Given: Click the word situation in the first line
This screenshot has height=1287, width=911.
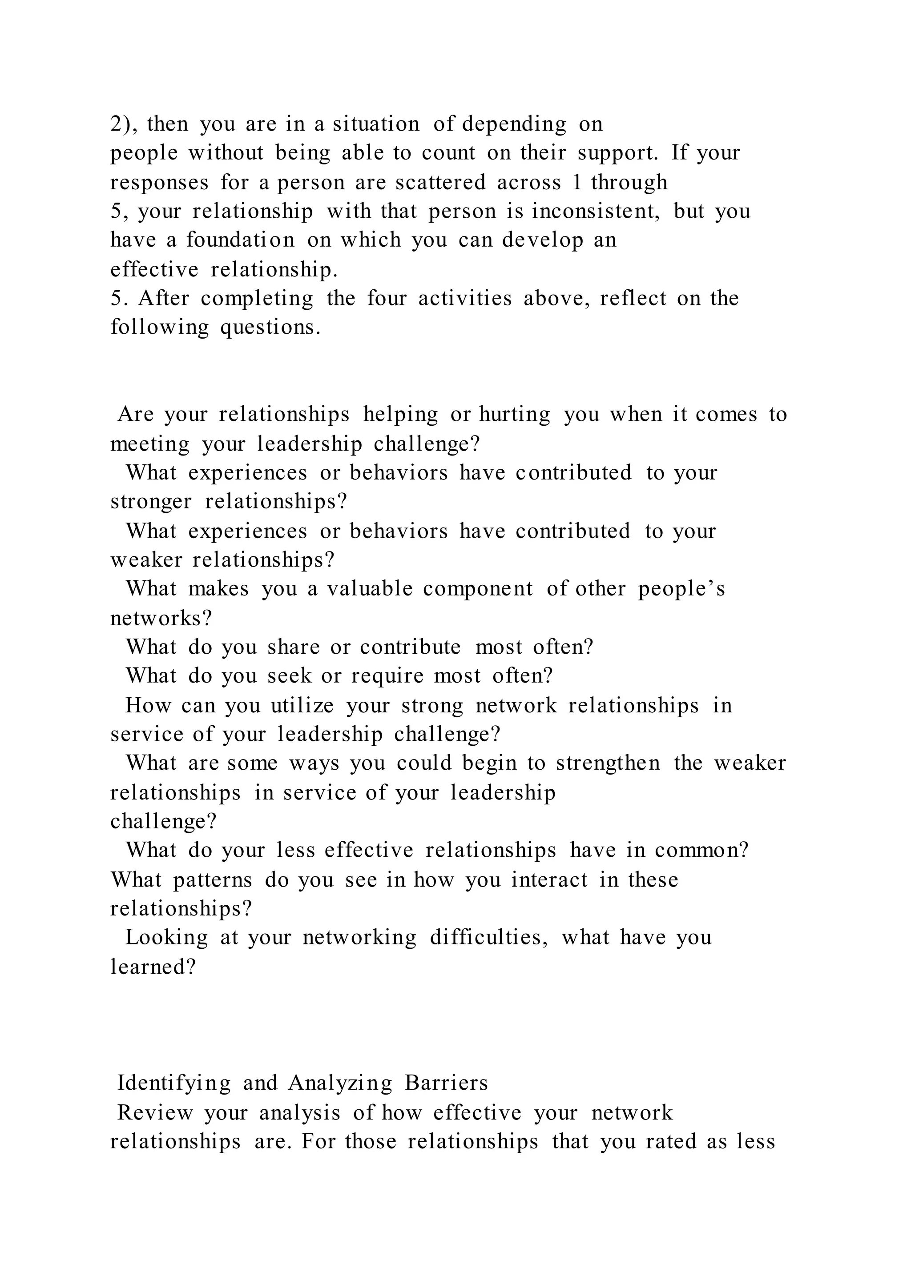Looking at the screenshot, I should point(376,124).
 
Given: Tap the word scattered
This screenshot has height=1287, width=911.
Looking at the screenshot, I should point(440,182).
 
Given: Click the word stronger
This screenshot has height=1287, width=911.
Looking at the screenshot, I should point(151,501).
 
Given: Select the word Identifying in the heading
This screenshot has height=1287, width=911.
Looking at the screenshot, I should point(174,1083).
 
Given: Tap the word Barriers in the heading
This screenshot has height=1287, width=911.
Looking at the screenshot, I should point(446,1083).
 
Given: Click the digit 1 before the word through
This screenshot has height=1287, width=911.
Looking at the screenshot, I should point(578,182).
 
